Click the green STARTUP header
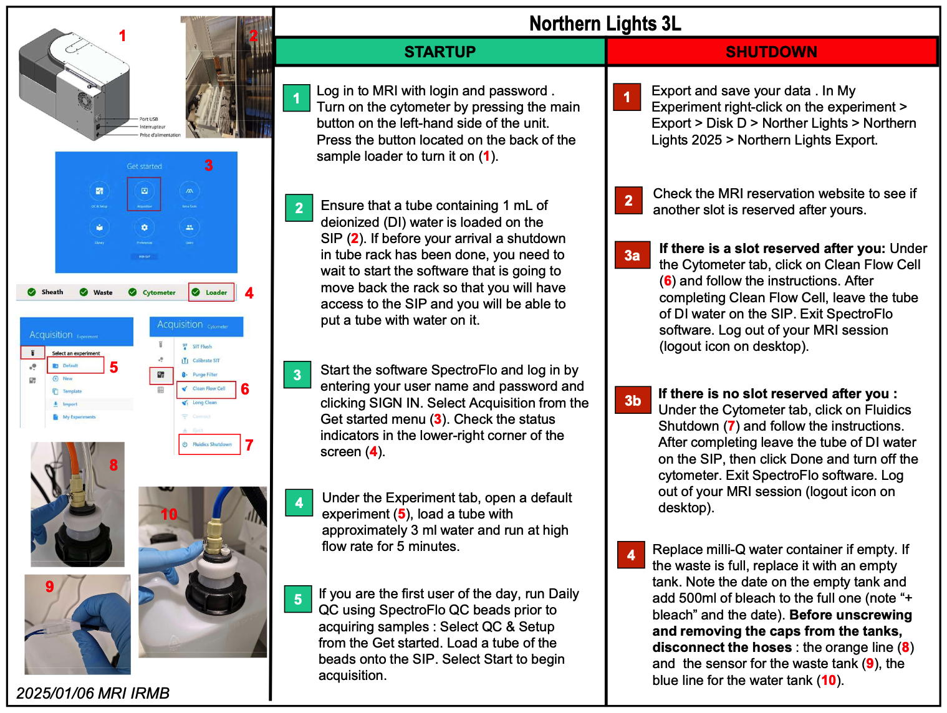440,52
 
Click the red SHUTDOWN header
771,52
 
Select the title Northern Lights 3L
605,24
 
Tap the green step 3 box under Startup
297,375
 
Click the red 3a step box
632,255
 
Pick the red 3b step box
632,400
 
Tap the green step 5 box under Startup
298,599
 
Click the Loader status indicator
211,292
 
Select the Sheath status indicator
47,292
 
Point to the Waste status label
103,292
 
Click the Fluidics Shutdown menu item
211,444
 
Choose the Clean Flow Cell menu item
208,388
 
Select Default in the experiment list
70,365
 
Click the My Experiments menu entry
79,417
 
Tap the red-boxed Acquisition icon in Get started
144,193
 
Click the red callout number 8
113,465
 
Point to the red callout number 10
169,514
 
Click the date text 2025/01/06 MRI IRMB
93,693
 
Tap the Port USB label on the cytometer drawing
148,118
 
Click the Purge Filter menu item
204,375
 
